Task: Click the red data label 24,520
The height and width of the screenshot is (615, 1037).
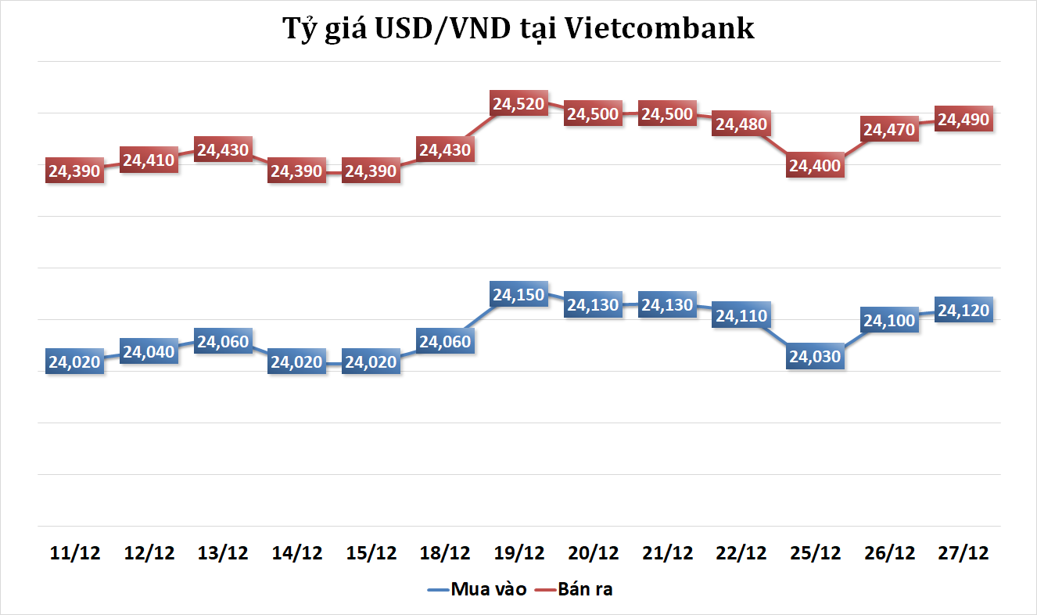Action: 518,104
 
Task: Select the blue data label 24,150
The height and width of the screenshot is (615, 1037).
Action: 518,295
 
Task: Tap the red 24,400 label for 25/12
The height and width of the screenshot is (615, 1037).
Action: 815,166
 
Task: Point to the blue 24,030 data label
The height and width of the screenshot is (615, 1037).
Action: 815,357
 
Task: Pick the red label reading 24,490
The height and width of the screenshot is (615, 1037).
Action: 963,120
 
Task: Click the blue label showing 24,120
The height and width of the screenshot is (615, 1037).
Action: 963,311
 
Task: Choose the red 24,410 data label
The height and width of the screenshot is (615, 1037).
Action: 149,161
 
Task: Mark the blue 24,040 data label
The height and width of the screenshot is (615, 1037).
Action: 149,351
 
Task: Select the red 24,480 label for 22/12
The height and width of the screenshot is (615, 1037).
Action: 741,124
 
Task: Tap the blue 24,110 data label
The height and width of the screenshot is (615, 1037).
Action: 741,316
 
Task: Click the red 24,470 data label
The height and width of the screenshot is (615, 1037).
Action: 889,129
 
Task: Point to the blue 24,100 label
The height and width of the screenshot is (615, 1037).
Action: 889,321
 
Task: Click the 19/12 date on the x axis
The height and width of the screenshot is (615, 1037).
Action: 518,553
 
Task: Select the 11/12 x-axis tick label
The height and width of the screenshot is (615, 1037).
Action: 75,553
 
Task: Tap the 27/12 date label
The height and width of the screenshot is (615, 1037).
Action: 963,553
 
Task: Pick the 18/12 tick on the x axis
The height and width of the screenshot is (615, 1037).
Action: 445,553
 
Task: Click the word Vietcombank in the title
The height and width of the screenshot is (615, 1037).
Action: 659,29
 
